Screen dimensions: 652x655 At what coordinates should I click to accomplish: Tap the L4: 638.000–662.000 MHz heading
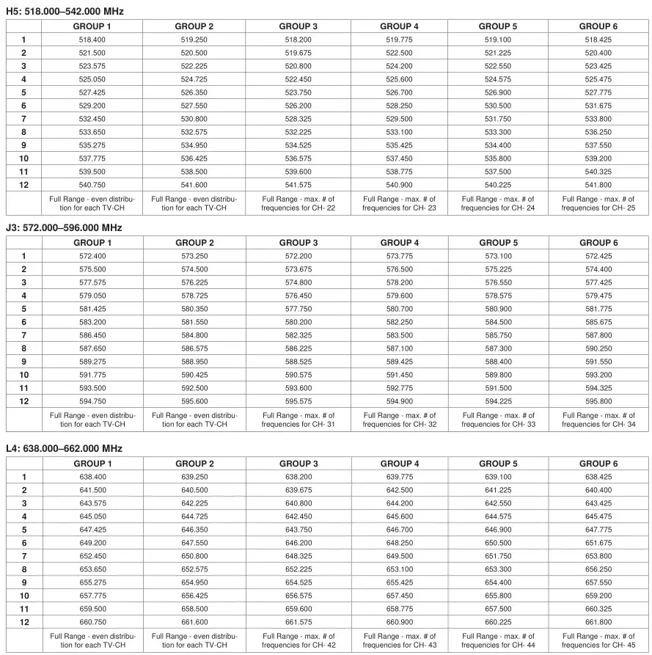64,449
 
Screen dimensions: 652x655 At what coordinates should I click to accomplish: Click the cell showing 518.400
92,40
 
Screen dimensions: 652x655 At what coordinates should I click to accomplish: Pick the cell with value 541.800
598,185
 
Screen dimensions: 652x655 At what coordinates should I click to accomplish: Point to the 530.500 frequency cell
499,106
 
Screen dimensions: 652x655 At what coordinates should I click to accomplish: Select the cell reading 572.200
298,256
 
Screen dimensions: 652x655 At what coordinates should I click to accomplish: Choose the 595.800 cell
598,401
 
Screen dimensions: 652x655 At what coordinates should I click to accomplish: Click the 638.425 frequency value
598,477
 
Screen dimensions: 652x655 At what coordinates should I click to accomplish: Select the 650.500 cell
499,543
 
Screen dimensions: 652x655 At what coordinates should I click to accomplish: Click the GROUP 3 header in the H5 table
298,26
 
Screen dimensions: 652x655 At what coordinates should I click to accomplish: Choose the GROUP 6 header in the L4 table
598,464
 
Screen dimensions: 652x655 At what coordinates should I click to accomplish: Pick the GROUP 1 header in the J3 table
92,243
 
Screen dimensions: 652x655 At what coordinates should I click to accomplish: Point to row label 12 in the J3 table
23,401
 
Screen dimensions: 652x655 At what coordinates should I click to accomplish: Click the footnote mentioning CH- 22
298,203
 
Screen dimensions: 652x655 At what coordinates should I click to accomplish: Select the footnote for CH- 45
598,640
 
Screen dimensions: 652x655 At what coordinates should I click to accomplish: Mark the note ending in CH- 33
499,420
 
